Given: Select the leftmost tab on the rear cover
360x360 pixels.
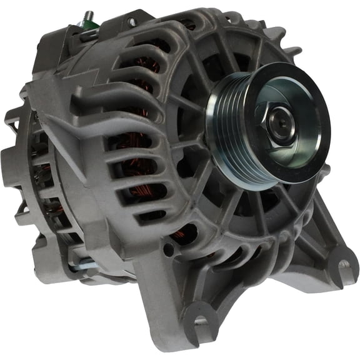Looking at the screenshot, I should [12, 119].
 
